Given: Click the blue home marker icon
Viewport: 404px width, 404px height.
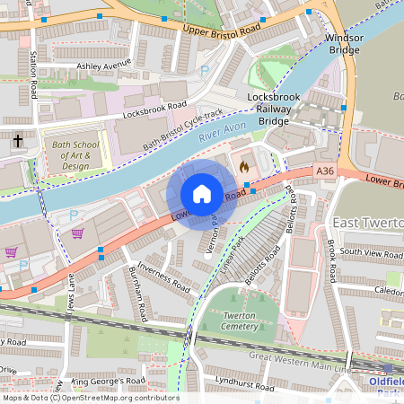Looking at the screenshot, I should (x=202, y=194).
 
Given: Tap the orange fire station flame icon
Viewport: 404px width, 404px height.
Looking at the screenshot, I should (x=243, y=165).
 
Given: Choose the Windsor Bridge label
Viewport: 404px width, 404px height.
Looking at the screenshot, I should (x=345, y=44).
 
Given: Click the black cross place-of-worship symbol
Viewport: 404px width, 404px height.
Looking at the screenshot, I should (x=18, y=141).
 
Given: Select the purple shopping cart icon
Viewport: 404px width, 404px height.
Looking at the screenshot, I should (x=78, y=233).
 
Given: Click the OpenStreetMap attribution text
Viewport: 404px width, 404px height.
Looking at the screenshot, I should (x=90, y=398).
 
